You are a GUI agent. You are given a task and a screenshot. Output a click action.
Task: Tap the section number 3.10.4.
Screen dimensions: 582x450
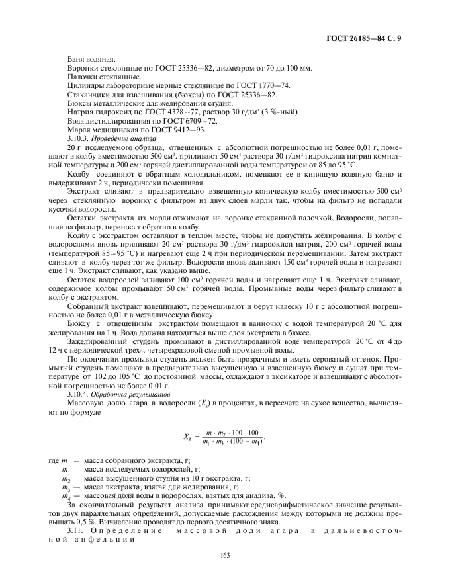coord(81,393)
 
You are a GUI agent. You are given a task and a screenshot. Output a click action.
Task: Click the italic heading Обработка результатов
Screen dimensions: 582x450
coord(128,393)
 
